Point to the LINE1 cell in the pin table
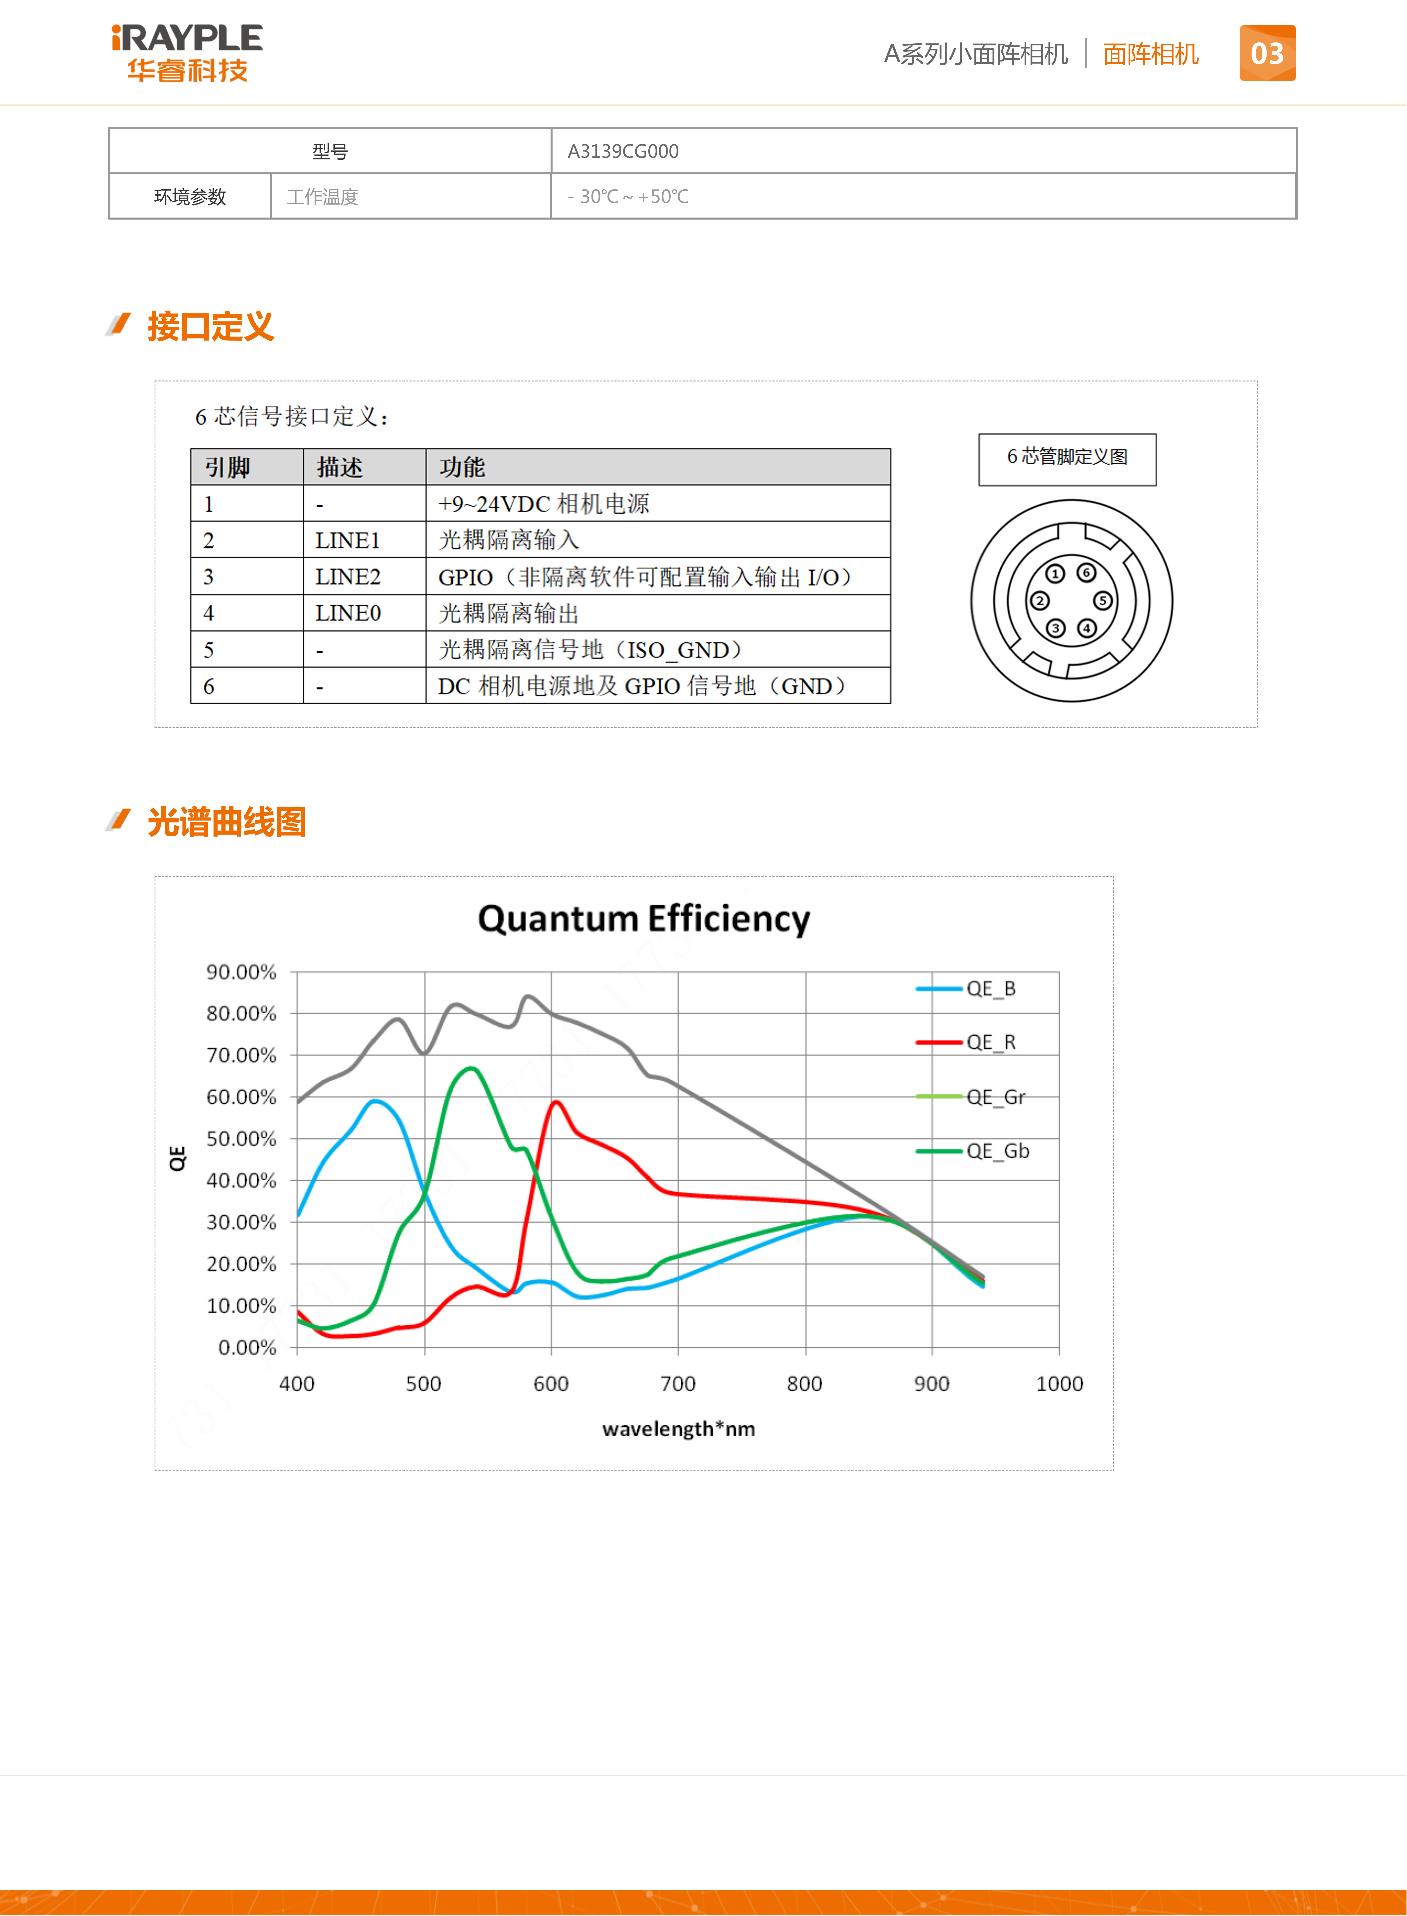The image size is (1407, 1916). pos(348,540)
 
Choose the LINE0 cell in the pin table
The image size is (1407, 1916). pos(348,613)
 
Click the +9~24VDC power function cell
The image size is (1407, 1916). pos(543,504)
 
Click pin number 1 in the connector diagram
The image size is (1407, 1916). pos(1055,574)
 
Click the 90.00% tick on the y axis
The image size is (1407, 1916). pos(242,972)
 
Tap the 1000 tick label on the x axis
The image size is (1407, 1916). pos(1059,1384)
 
